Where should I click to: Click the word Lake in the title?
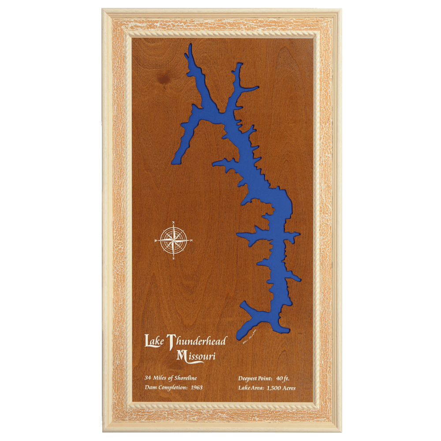[x=154, y=341]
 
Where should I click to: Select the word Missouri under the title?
[x=196, y=355]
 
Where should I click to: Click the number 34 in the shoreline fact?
[x=148, y=378]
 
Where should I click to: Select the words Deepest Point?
[x=255, y=378]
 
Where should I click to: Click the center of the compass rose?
[x=174, y=240]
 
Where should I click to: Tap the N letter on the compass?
[x=174, y=222]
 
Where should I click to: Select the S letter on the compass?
[x=174, y=258]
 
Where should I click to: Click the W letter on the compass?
[x=156, y=241]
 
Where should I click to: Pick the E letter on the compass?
[x=192, y=240]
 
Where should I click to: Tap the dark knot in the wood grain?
[x=166, y=79]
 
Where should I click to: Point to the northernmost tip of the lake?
[x=190, y=45]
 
